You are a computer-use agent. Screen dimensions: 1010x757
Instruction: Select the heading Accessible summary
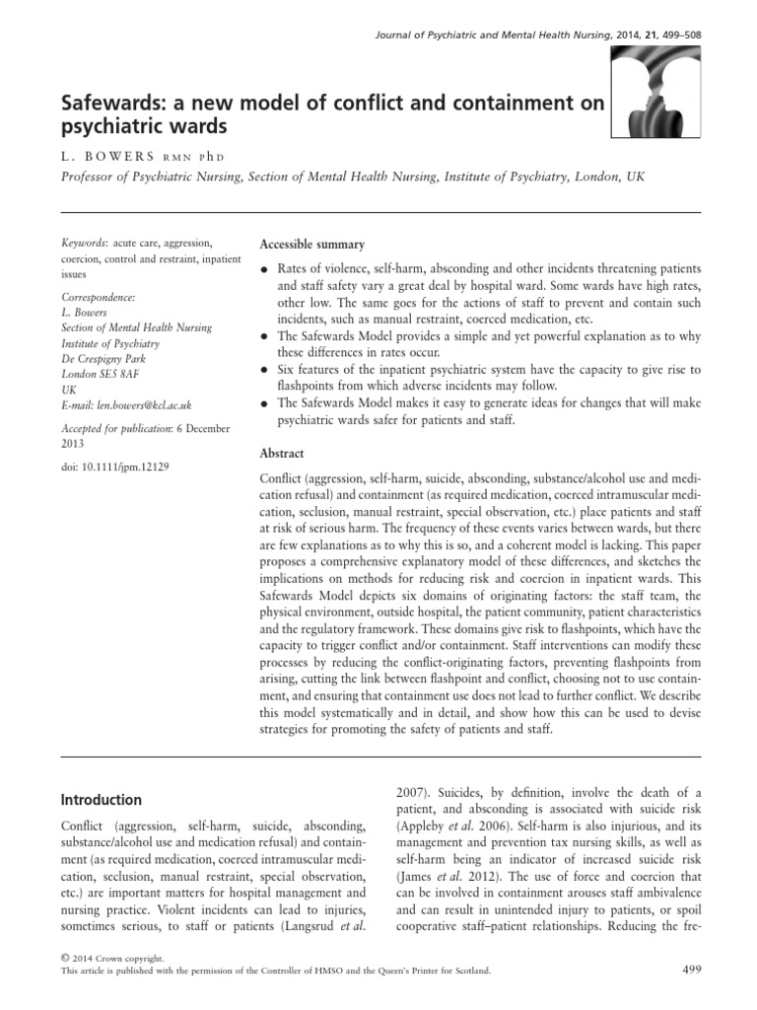point(310,245)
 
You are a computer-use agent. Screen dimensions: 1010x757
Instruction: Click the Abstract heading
point(281,454)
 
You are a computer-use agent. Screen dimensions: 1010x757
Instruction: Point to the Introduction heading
point(102,800)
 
